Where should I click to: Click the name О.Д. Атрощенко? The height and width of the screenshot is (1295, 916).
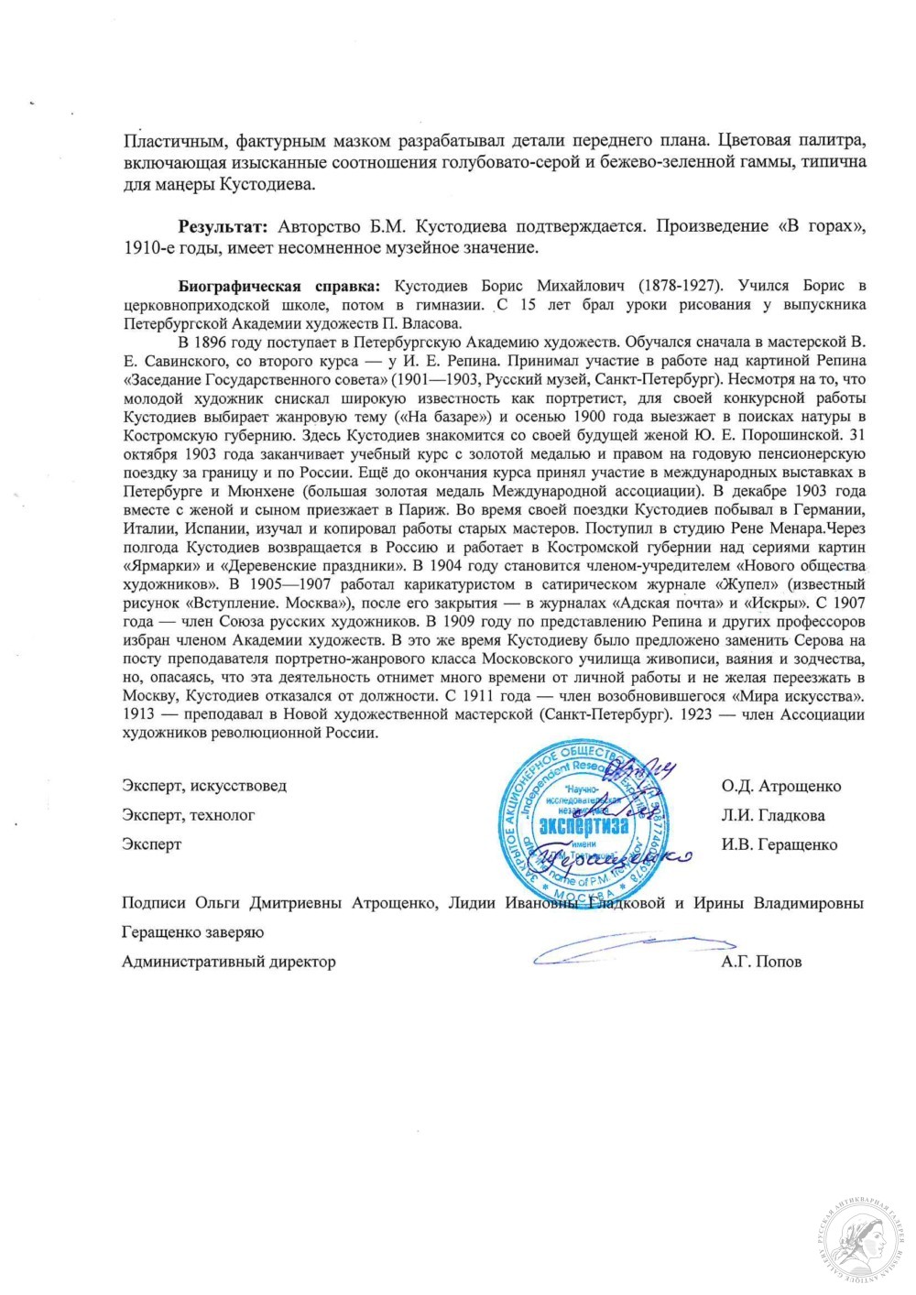[x=780, y=786]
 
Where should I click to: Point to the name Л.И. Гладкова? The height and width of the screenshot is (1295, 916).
[x=772, y=815]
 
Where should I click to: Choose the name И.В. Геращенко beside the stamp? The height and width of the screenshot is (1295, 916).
[x=779, y=844]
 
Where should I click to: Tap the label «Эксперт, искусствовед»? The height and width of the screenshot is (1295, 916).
[x=204, y=786]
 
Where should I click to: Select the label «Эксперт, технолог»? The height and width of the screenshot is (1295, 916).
[x=189, y=815]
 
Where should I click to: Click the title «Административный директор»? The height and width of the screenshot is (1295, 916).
[x=229, y=962]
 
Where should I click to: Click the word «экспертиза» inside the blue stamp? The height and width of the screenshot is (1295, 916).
[x=584, y=825]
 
